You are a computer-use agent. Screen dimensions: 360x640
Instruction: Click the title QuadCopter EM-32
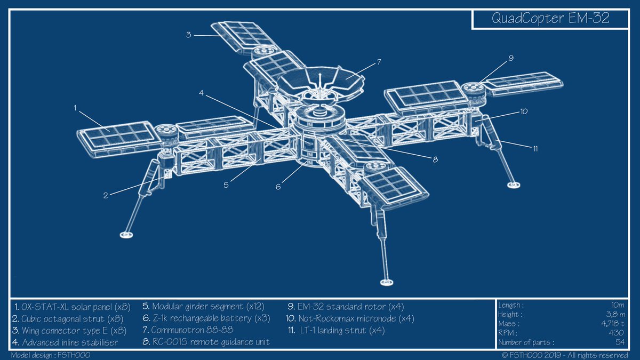point(551,19)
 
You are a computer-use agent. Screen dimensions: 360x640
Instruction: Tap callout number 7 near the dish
point(378,62)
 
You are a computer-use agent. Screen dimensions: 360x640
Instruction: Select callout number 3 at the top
point(189,35)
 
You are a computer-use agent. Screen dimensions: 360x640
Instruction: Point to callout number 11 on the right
point(535,149)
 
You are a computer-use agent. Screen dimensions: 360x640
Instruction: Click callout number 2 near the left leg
point(106,195)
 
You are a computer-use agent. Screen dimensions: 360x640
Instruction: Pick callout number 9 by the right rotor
point(511,58)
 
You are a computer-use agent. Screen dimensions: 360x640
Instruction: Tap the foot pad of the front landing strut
point(385,281)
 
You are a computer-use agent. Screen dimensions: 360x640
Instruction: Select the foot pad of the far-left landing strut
point(127,234)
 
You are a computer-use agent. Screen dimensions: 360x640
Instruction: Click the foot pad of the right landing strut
point(513,185)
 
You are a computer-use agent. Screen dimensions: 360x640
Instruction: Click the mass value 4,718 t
point(614,324)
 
